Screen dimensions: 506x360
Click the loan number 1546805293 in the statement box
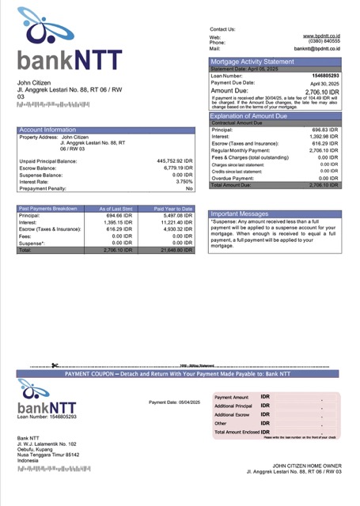(x=324, y=76)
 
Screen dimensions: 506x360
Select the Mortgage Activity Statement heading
(x=251, y=62)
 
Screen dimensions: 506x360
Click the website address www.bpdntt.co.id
(x=320, y=36)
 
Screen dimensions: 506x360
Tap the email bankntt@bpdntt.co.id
(x=316, y=49)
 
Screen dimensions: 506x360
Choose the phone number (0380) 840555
(x=324, y=42)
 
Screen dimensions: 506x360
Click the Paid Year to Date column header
(x=173, y=208)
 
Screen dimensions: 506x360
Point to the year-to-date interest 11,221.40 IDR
(x=175, y=222)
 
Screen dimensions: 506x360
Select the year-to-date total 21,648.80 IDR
(x=175, y=250)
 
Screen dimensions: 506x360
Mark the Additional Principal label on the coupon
(x=233, y=406)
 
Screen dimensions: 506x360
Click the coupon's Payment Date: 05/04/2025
(x=175, y=402)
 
